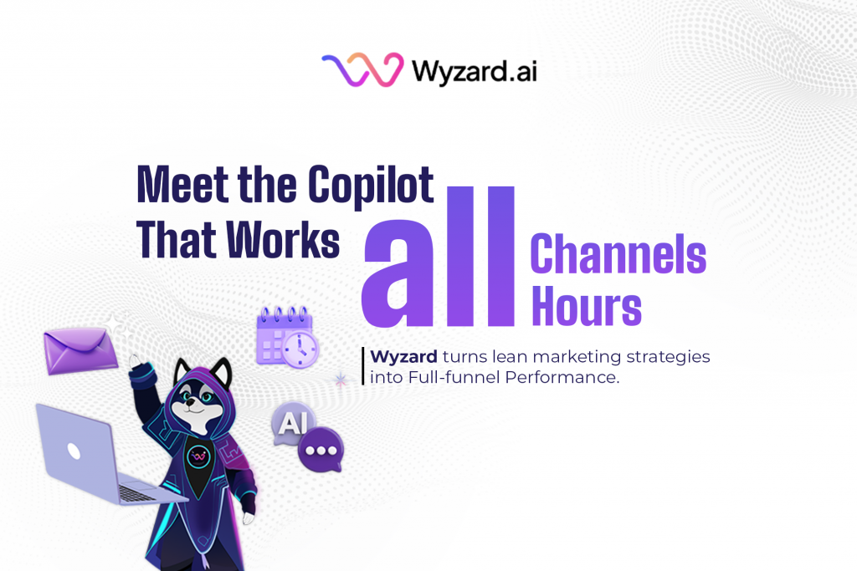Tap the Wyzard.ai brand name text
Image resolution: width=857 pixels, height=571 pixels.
point(474,70)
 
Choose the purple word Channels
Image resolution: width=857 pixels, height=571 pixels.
point(618,254)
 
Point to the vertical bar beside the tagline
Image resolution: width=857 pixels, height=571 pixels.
point(363,366)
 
